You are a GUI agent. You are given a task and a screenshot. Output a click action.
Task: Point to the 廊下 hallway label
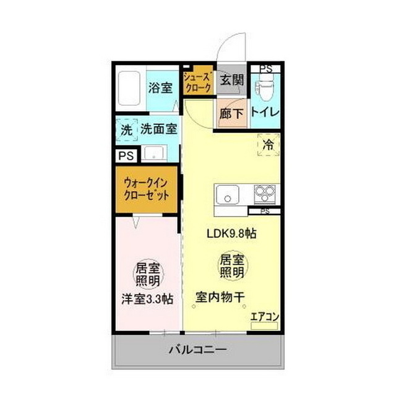[232, 113]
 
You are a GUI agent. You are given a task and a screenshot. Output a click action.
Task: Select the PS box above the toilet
[265, 69]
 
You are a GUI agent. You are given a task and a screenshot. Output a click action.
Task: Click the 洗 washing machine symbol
[126, 130]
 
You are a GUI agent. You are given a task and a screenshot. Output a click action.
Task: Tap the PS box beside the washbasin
[126, 155]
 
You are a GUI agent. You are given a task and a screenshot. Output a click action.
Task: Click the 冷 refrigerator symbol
[268, 146]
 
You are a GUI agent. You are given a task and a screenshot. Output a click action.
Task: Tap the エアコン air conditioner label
[265, 317]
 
